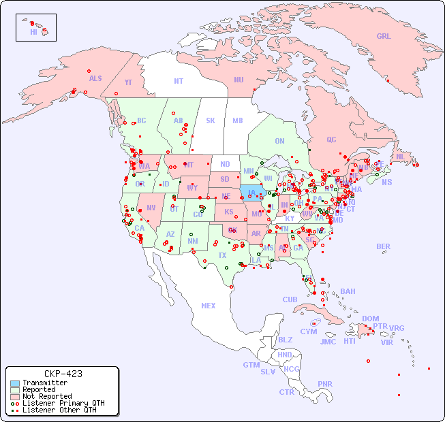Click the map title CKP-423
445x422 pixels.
tap(63, 374)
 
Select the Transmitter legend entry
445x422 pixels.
tap(44, 383)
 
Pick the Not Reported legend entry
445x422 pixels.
tap(46, 396)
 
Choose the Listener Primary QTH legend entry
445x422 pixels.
tap(63, 403)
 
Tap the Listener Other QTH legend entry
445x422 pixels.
tap(59, 410)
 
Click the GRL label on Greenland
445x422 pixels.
tap(384, 37)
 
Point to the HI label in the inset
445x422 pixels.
tap(33, 32)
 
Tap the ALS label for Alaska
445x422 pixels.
tap(95, 78)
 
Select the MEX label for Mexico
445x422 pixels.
tap(208, 306)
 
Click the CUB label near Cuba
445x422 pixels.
tap(290, 299)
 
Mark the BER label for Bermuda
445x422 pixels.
tap(383, 246)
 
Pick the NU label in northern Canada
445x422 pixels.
tap(239, 80)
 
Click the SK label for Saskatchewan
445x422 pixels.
tap(211, 120)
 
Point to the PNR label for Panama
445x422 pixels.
tap(325, 384)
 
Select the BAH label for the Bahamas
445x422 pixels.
tap(348, 291)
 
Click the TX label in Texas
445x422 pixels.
tap(222, 255)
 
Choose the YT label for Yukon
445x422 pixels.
tap(128, 82)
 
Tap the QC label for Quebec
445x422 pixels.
tap(331, 140)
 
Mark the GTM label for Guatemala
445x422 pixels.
tap(251, 365)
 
